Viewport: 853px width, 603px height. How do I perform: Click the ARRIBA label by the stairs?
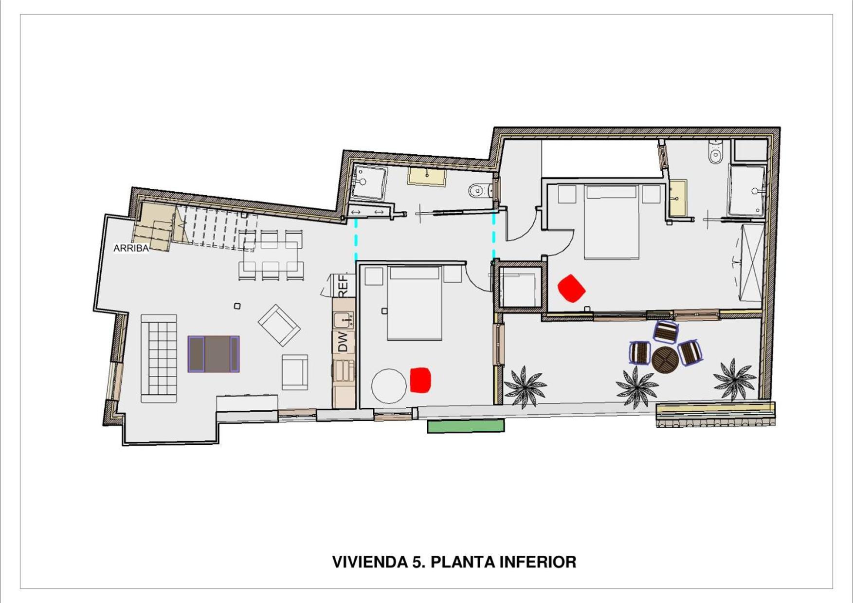click(131, 248)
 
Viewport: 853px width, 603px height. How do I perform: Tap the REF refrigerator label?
click(343, 286)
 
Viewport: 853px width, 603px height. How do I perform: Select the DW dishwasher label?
click(343, 341)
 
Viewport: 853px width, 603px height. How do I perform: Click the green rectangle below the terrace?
click(466, 426)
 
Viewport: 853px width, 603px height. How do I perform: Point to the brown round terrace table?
click(665, 360)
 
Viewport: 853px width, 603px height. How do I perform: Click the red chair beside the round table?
click(420, 380)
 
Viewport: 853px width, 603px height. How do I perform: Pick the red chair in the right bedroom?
click(571, 288)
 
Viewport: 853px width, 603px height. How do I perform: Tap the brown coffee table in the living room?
click(214, 354)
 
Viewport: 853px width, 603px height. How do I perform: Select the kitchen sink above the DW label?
click(344, 320)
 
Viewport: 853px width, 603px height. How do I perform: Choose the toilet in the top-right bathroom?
click(715, 152)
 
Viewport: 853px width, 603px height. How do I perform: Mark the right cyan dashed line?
click(494, 236)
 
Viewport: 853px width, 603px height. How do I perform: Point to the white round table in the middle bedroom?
click(389, 386)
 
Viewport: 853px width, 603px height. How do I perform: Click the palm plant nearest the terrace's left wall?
click(525, 386)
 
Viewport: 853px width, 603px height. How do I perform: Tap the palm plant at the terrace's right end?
click(735, 380)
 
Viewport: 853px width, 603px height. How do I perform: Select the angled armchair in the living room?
click(279, 325)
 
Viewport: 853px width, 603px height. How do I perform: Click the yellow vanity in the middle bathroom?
click(427, 177)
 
